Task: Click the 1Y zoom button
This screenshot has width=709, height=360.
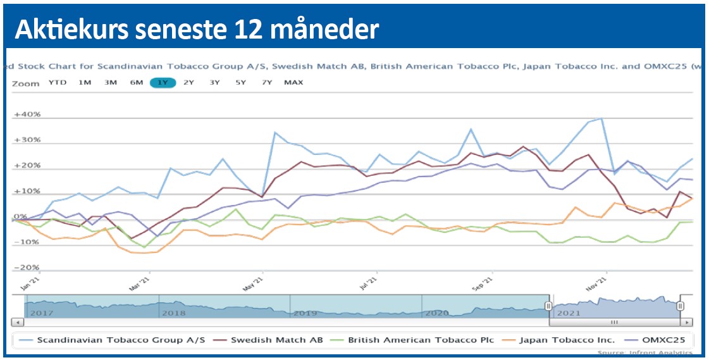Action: pos(163,83)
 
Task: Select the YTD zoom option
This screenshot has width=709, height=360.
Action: pos(58,83)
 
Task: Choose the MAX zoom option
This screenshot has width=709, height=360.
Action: pos(293,83)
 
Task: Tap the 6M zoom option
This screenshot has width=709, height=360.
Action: pos(137,83)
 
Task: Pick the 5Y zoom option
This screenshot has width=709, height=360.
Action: pos(240,83)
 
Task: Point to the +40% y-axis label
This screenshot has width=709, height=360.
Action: pos(27,115)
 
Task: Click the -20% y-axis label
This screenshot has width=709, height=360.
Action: pos(27,267)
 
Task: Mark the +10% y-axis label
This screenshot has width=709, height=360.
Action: pos(27,192)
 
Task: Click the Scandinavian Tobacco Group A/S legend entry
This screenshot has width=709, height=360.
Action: pos(121,340)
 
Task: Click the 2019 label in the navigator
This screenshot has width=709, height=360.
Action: pos(305,313)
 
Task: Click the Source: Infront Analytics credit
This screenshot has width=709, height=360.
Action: pos(644,352)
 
